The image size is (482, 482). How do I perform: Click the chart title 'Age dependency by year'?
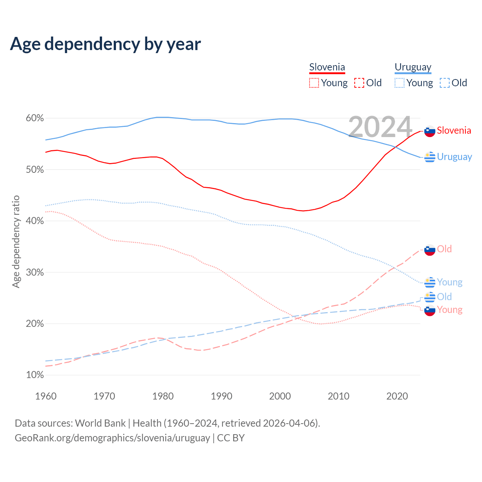point(105,44)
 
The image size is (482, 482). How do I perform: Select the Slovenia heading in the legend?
point(327,67)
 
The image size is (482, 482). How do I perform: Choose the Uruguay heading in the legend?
point(413,67)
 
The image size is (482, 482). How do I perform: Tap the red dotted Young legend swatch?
point(314,83)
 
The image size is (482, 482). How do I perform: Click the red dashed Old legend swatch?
point(359,83)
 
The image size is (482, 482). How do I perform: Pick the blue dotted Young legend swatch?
point(400,83)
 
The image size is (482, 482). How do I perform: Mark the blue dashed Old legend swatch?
point(445,83)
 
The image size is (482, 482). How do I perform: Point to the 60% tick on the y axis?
point(35,118)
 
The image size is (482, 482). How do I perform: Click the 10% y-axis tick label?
point(35,375)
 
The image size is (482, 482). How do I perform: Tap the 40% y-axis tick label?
point(35,221)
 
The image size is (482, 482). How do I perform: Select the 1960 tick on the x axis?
point(46,396)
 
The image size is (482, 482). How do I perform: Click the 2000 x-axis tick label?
point(280,396)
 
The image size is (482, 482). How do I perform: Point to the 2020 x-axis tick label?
point(397,396)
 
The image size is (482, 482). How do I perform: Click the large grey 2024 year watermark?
point(380,127)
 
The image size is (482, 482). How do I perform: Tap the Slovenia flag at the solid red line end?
point(430,131)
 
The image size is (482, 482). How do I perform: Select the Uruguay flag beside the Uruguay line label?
point(430,157)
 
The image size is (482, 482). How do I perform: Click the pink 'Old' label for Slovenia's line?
point(444,249)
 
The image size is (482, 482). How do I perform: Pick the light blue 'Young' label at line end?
point(450,282)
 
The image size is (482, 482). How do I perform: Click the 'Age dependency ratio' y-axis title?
point(16,241)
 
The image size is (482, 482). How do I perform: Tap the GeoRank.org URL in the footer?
point(112,438)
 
